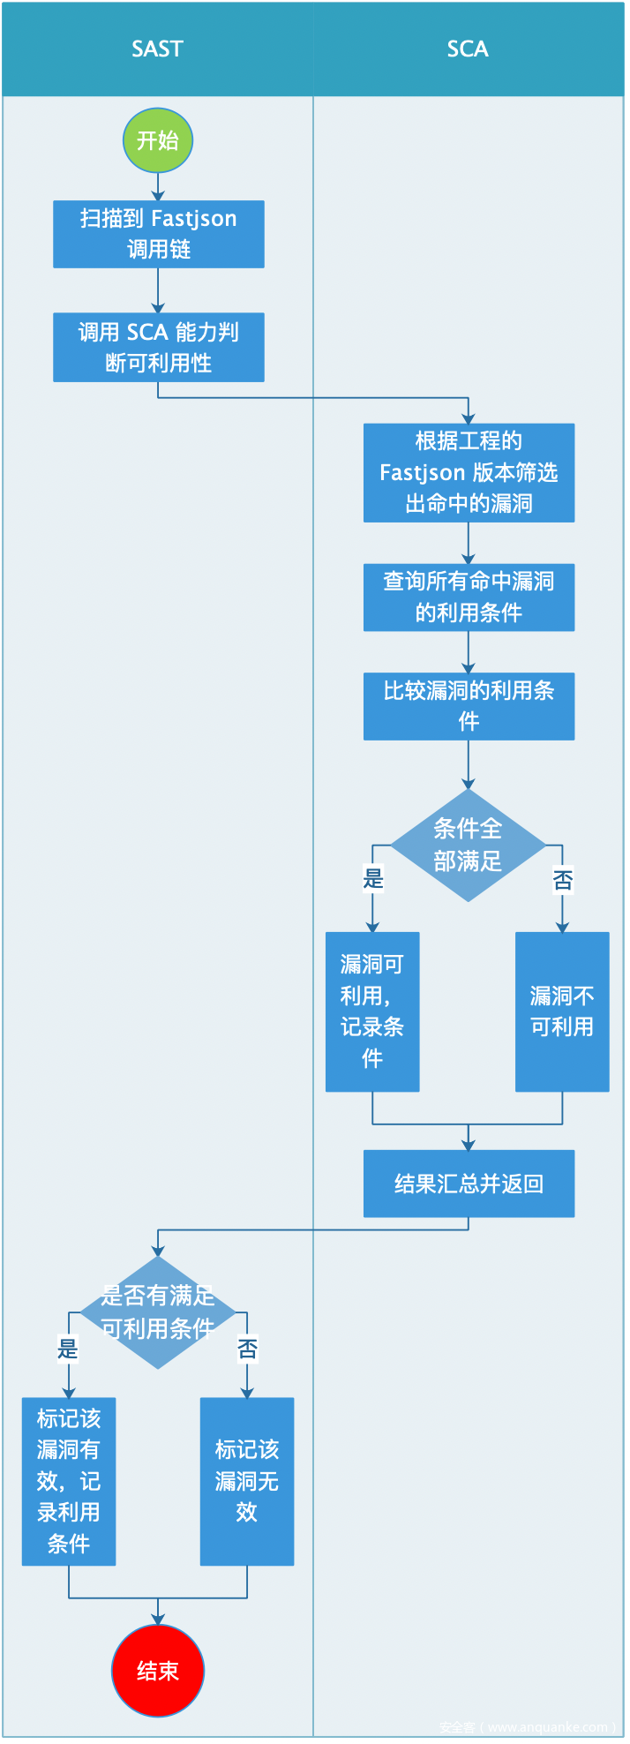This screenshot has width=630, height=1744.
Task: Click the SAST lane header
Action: (x=157, y=49)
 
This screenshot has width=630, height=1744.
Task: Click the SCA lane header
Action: (x=468, y=49)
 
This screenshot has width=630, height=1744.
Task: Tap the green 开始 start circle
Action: (x=158, y=140)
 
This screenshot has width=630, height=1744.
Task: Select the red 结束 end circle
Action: (x=158, y=1671)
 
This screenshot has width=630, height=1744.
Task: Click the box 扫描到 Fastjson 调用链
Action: (x=159, y=234)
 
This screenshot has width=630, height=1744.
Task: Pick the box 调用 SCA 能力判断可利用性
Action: (x=159, y=347)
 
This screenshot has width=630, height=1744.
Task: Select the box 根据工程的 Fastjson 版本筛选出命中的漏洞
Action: (x=469, y=472)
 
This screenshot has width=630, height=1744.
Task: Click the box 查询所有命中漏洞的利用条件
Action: (x=469, y=597)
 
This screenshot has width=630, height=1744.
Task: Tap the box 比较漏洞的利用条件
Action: (x=469, y=706)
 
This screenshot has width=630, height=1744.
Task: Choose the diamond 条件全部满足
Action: (x=468, y=845)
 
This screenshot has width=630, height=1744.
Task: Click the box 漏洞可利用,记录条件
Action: (x=372, y=1011)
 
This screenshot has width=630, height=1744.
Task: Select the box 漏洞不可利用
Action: (x=562, y=1011)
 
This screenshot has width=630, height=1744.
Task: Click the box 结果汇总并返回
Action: (x=469, y=1184)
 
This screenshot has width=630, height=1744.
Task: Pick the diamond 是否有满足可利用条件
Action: (x=158, y=1312)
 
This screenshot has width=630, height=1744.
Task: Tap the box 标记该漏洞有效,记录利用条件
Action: (x=69, y=1481)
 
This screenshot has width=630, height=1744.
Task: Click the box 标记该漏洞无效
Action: (x=247, y=1481)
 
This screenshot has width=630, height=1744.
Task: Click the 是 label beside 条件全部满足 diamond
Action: (x=373, y=878)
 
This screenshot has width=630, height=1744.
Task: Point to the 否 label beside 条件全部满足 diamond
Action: (x=563, y=879)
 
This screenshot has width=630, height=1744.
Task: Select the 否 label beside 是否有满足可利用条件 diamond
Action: (x=248, y=1349)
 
